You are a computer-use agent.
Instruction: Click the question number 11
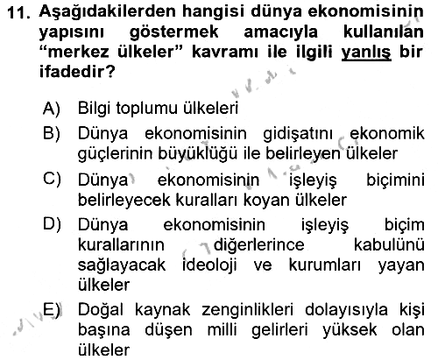(x=18, y=13)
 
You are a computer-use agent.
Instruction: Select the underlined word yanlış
(x=366, y=53)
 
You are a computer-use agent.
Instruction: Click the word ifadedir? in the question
(x=77, y=71)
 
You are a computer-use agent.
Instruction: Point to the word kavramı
(x=224, y=52)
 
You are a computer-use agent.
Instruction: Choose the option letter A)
(x=51, y=108)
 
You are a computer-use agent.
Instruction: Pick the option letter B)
(x=52, y=133)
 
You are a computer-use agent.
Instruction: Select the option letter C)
(x=52, y=179)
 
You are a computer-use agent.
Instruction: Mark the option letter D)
(x=52, y=224)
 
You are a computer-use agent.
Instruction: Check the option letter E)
(x=52, y=310)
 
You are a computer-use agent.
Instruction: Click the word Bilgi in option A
(x=95, y=109)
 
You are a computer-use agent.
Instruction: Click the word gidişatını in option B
(x=298, y=134)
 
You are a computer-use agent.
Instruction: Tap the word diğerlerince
(x=258, y=245)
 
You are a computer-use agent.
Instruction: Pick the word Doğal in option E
(x=101, y=310)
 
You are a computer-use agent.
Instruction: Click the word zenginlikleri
(x=247, y=310)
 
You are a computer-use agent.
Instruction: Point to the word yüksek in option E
(x=350, y=329)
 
